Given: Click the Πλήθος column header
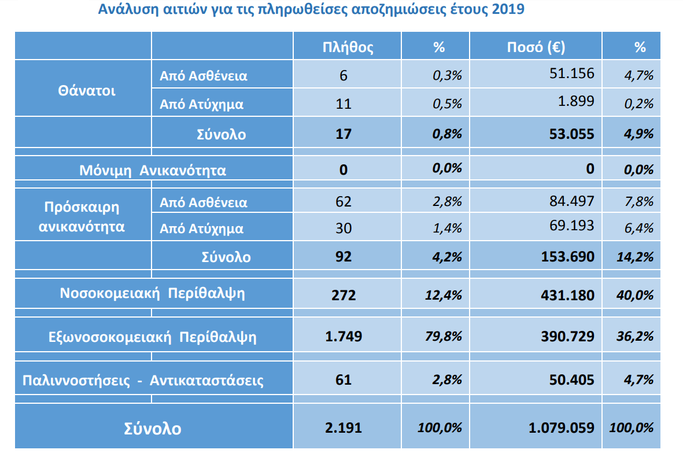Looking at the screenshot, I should click(348, 47).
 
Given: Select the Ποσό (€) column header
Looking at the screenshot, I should click(536, 47).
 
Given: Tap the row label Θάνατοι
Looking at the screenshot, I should click(87, 91).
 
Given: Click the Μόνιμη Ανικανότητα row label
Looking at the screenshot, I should click(153, 171).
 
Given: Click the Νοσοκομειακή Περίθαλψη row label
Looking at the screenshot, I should click(153, 293).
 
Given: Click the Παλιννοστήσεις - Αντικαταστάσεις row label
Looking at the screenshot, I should click(143, 381).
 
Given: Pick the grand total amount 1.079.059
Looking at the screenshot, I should click(561, 428).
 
